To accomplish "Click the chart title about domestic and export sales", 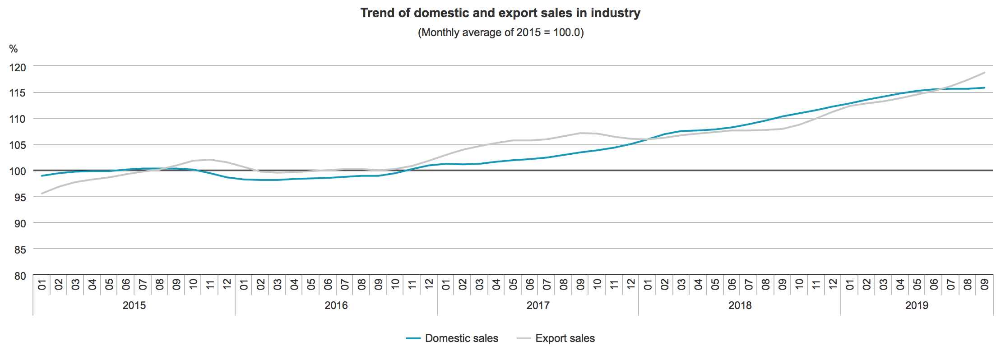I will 500,13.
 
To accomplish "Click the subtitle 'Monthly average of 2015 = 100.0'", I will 500,32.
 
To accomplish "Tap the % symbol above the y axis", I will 14,49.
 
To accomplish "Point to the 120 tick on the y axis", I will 18,67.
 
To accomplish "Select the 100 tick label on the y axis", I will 18,171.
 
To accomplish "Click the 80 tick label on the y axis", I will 20,276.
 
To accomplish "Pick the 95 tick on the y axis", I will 20,198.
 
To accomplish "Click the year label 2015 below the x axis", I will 134,305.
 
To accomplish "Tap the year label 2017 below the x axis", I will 538,305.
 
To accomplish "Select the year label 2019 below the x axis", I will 917,305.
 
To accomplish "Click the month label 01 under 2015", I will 42,284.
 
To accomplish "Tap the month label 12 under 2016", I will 429,284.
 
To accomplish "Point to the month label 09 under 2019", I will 984,284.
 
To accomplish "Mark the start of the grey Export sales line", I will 42,194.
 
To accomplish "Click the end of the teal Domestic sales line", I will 984,88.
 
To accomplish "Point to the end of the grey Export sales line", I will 984,73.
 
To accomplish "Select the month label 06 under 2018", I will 732,284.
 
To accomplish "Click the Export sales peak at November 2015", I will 210,159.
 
